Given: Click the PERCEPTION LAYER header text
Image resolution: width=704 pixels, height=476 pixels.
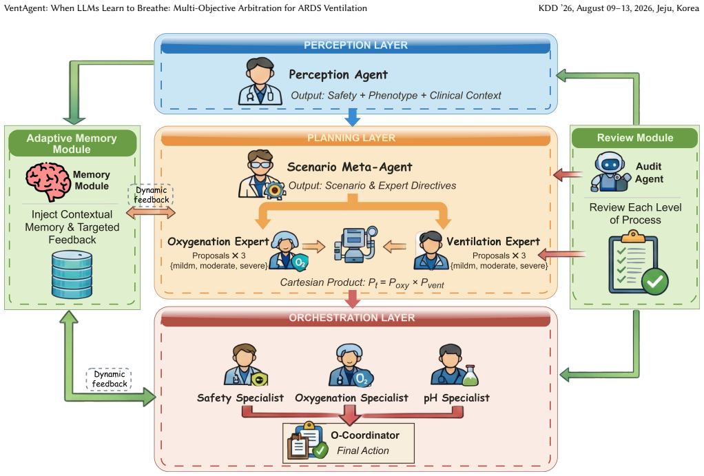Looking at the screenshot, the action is tap(355, 45).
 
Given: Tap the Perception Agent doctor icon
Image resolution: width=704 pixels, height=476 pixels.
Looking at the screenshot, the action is tap(260, 81).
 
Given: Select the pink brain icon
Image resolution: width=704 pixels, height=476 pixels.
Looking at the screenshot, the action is tap(48, 180).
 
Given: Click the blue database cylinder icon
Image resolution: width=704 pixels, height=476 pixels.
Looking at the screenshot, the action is tap(72, 275).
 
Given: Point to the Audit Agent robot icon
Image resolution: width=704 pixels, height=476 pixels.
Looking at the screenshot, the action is tap(610, 172).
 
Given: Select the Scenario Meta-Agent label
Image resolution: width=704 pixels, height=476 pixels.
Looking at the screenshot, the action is tap(349, 167).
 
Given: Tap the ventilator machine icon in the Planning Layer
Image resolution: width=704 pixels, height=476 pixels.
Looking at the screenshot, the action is tap(355, 245).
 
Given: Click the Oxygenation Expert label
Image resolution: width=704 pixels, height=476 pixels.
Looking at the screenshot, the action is tap(218, 242).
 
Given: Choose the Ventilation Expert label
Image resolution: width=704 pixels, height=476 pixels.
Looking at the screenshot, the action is tap(493, 242).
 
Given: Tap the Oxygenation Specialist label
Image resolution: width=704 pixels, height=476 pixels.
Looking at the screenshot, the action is tap(351, 398).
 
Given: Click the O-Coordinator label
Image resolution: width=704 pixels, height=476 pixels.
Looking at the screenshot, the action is tap(365, 435).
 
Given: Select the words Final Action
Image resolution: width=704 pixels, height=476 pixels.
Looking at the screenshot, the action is tap(363, 451).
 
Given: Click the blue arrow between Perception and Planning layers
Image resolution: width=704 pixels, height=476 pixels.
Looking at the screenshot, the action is tap(353, 116).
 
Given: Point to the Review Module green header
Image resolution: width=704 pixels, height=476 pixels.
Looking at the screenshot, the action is tap(635, 138).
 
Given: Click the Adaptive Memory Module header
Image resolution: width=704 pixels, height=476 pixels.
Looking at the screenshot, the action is tap(72, 143).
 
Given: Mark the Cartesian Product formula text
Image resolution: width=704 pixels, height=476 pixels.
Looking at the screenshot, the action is tap(362, 283).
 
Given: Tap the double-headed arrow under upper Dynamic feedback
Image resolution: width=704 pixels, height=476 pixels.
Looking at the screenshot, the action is tap(151, 212).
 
